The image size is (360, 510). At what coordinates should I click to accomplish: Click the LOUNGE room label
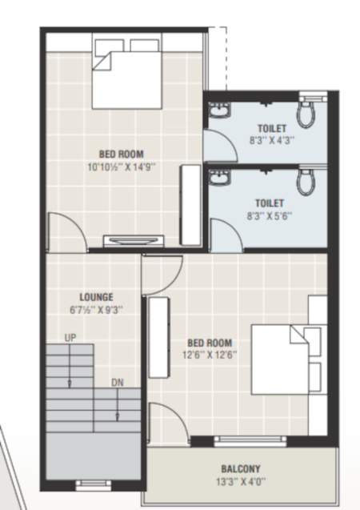95,296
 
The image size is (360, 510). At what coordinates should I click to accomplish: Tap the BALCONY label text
241,469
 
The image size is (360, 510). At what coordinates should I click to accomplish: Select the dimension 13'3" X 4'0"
241,482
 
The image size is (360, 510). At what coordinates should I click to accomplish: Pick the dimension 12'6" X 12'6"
209,353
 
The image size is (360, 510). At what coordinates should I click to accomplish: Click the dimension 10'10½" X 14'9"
121,167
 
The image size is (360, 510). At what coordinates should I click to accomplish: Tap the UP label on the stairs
70,339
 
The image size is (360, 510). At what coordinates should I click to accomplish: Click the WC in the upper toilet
306,114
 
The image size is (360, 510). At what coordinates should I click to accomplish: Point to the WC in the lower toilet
306,183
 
